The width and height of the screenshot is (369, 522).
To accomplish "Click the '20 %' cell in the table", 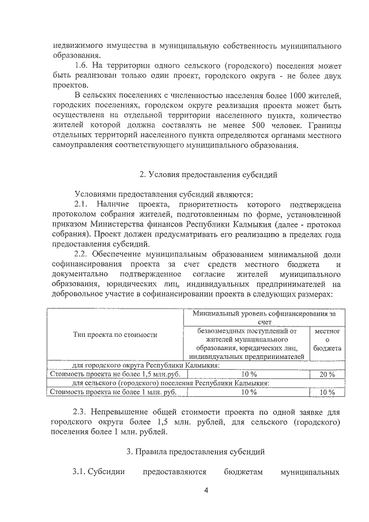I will coord(327,374).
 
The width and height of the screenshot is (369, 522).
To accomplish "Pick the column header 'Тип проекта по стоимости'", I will coord(115,335).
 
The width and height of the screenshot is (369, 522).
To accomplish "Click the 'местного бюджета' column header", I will coord(327,340).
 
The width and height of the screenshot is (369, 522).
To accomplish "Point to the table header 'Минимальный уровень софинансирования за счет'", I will coord(264,317).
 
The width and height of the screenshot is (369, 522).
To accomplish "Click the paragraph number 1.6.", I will coord(82,66).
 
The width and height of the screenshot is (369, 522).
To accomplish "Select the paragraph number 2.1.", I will coord(82,205).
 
